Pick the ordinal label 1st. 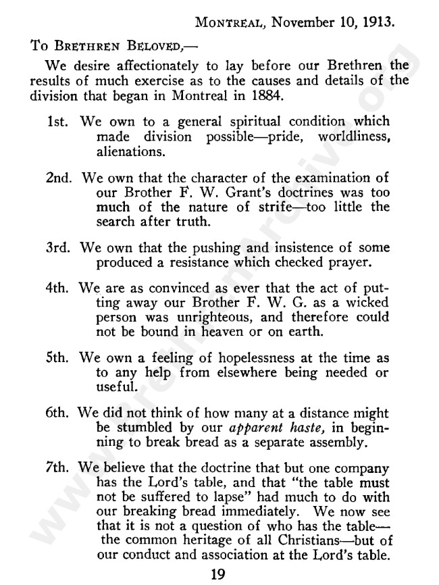coord(59,122)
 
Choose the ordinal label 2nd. coord(60,179)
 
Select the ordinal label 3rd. coord(59,249)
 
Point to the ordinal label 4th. coord(59,292)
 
